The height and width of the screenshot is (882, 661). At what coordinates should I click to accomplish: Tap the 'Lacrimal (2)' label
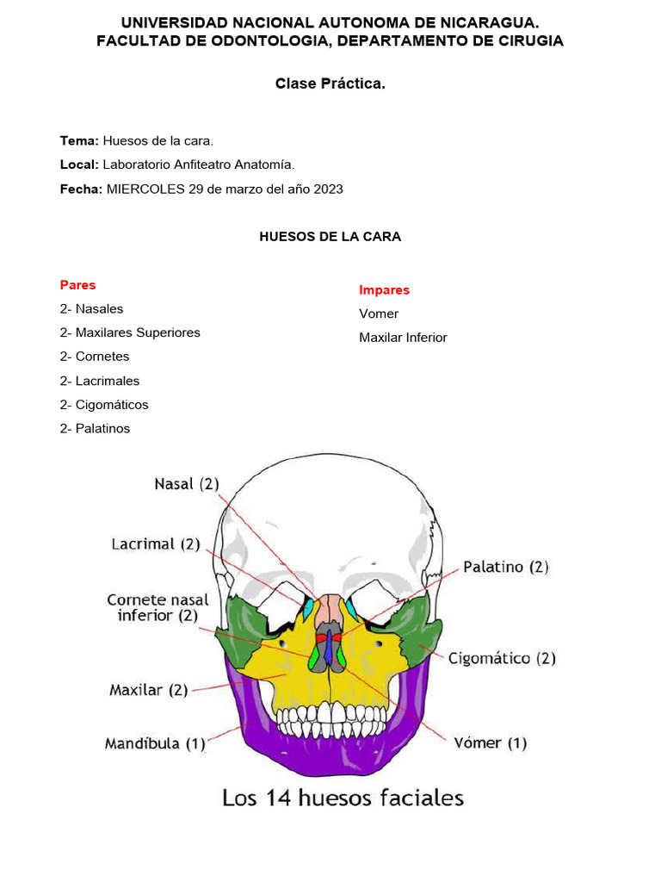[x=155, y=544]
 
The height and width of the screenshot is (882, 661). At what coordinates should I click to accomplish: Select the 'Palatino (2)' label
[x=506, y=567]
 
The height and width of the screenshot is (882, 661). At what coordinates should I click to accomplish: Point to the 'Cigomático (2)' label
[x=502, y=659]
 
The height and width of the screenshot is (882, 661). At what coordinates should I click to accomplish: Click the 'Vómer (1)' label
[x=490, y=742]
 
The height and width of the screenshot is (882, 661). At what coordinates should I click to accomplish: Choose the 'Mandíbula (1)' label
[x=155, y=742]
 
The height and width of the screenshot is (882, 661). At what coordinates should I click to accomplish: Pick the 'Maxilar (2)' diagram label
[x=149, y=690]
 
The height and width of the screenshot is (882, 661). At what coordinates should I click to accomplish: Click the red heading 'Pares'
[x=77, y=285]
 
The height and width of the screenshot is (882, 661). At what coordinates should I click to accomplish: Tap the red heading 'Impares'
[x=384, y=290]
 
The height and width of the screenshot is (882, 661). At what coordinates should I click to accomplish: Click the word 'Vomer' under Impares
[x=379, y=314]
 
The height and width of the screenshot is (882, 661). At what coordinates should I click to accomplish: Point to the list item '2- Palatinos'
[x=95, y=428]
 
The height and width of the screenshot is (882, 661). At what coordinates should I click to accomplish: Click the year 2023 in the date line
[x=328, y=189]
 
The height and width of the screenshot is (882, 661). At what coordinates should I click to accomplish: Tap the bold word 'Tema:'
[x=79, y=140]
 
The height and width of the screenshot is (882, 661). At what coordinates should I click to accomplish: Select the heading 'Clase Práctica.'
[x=330, y=84]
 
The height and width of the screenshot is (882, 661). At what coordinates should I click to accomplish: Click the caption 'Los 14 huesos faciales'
[x=343, y=798]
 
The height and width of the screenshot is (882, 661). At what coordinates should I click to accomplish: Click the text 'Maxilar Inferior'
[x=403, y=338]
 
